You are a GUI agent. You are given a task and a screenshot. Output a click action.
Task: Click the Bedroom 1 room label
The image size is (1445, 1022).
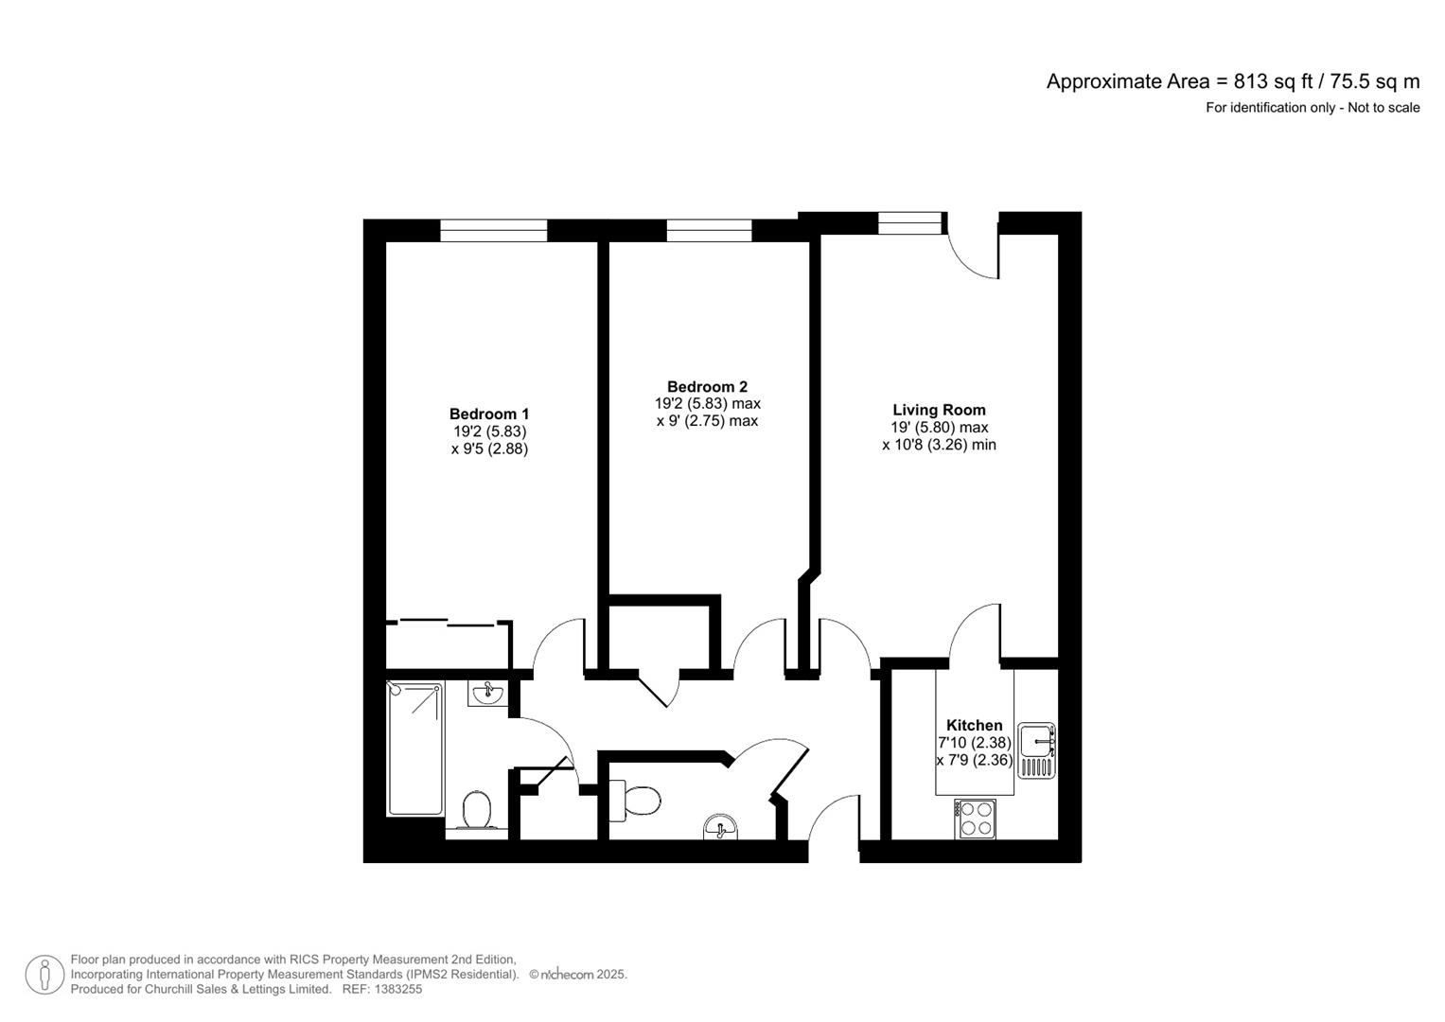click(x=489, y=414)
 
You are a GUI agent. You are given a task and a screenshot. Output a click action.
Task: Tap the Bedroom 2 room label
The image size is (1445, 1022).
click(x=707, y=386)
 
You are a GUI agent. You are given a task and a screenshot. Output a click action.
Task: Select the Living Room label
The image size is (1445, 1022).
click(x=939, y=410)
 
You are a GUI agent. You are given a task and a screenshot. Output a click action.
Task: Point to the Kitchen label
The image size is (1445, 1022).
click(x=974, y=725)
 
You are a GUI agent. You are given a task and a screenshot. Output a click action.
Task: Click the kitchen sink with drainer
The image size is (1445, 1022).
click(x=1036, y=750)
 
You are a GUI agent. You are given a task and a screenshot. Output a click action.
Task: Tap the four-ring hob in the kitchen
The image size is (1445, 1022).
click(x=975, y=819)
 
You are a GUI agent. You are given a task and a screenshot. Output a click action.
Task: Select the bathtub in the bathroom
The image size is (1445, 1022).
click(x=414, y=749)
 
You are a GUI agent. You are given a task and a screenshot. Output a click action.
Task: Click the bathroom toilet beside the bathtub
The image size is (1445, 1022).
click(x=477, y=810)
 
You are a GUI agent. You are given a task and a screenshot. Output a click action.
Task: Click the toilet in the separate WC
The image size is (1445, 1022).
click(x=635, y=801)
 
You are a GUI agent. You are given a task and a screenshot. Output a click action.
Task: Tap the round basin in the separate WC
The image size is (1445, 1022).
click(x=720, y=826)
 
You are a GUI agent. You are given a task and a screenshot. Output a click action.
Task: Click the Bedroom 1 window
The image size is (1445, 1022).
click(x=493, y=230)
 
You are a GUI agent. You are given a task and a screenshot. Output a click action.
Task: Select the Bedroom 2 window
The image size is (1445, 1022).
click(x=709, y=230)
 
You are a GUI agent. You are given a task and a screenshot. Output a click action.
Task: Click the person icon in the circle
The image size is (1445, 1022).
click(x=44, y=975)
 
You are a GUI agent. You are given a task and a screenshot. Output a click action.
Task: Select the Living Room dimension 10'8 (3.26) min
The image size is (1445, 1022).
click(x=939, y=445)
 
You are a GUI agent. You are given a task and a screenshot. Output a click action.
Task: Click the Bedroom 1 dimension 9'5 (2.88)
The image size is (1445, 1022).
click(x=489, y=449)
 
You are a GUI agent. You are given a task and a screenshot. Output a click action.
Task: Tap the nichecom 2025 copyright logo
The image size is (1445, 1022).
click(x=578, y=975)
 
